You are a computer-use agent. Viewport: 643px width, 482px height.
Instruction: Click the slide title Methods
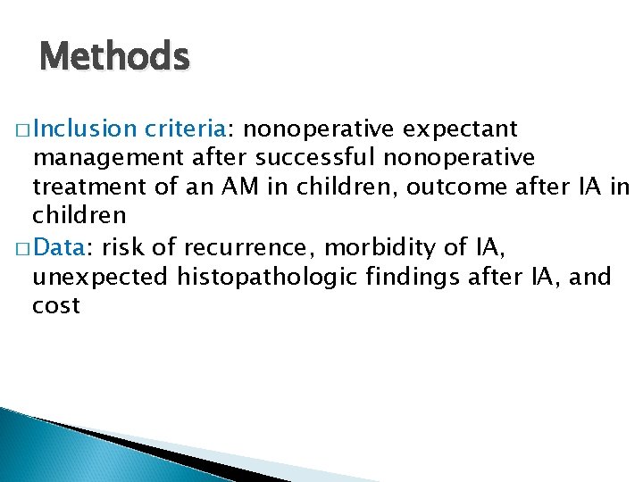point(114,58)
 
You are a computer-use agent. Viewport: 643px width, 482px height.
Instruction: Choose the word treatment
point(87,187)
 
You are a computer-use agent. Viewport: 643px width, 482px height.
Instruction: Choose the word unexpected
point(99,277)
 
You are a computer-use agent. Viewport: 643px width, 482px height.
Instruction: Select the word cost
point(55,306)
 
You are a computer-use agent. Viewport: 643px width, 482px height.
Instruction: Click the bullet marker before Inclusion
point(22,130)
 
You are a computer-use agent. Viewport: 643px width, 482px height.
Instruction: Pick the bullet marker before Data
point(22,249)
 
